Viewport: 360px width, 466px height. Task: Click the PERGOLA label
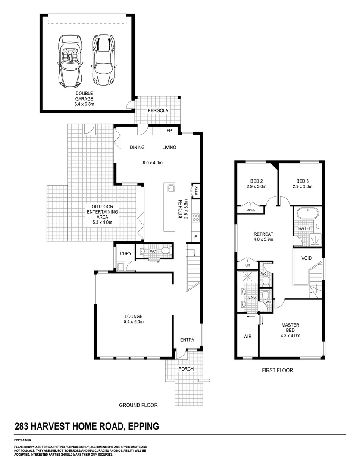click(x=157, y=111)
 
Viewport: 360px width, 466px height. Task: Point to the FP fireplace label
click(x=169, y=131)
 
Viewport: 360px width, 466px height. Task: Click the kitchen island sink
click(x=170, y=188)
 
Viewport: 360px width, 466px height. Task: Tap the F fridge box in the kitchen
click(x=196, y=236)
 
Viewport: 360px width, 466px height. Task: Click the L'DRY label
click(x=125, y=253)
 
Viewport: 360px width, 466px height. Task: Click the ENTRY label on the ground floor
click(x=188, y=340)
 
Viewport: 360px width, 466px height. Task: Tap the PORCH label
click(x=186, y=369)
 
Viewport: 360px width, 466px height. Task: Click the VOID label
click(x=307, y=258)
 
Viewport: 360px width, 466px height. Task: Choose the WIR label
click(x=247, y=336)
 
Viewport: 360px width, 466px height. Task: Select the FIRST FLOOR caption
click(x=278, y=370)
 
